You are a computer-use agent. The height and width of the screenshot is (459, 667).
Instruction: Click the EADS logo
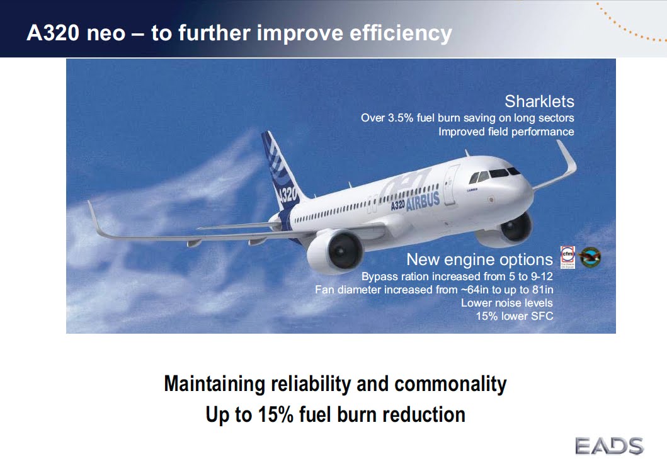[x=608, y=446]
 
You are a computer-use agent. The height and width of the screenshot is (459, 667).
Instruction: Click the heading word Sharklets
[x=539, y=101]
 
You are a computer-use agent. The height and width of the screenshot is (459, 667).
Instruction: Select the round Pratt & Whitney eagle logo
[x=590, y=257]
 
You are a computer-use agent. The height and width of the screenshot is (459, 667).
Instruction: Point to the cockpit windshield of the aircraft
[x=497, y=173]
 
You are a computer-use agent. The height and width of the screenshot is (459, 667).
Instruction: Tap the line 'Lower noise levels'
[x=506, y=303]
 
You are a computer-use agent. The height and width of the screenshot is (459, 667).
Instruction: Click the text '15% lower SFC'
[x=514, y=316]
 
